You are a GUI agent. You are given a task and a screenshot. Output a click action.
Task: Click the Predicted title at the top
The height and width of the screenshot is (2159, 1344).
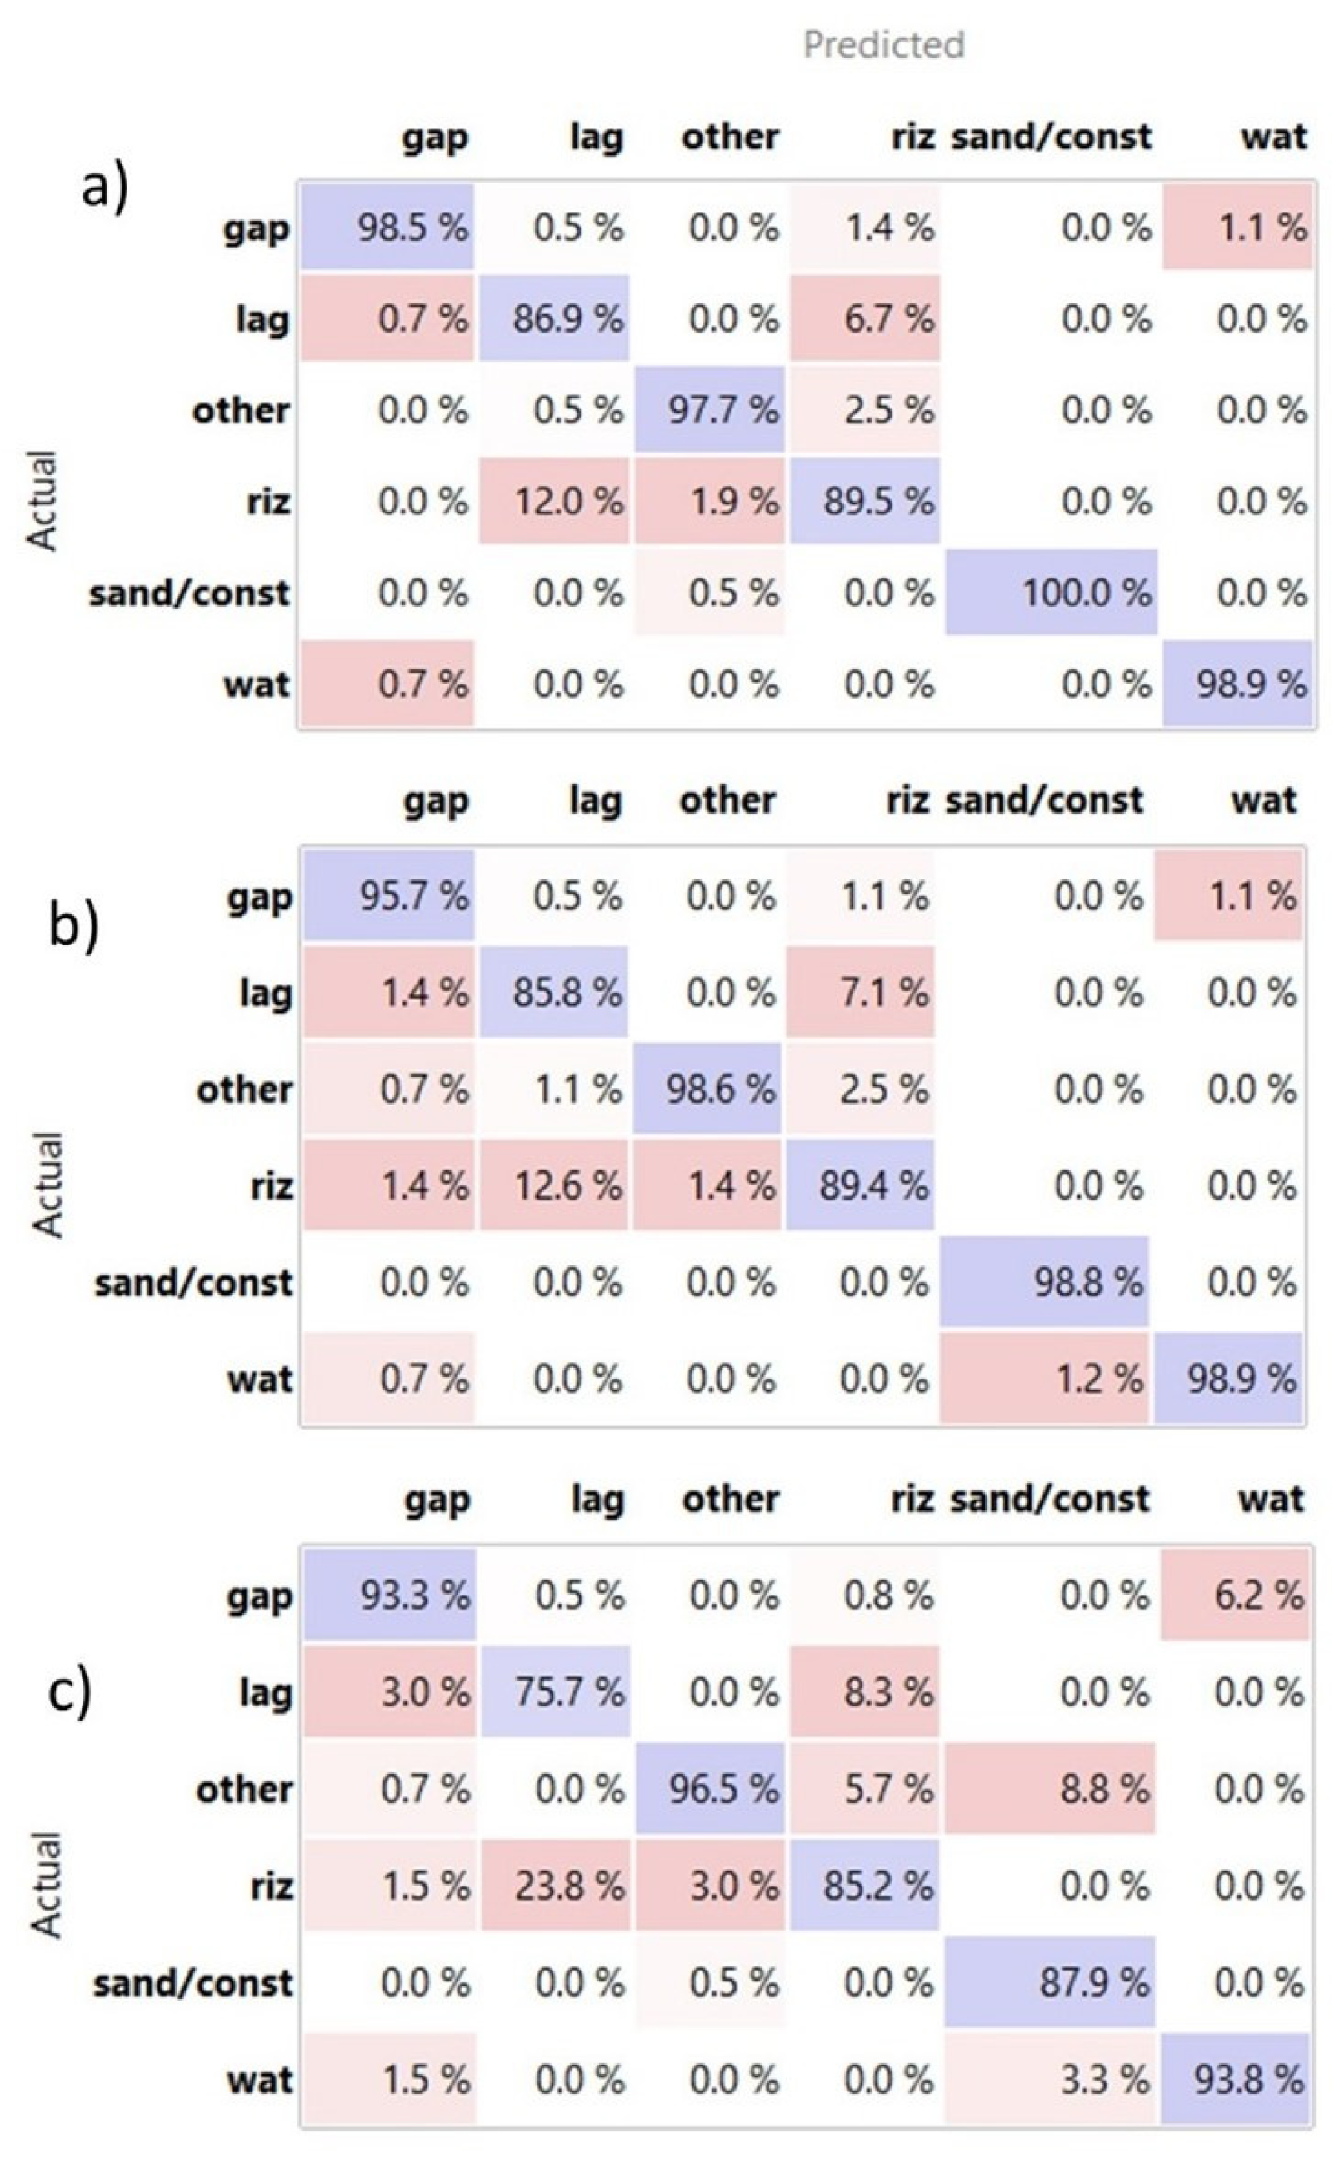(883, 44)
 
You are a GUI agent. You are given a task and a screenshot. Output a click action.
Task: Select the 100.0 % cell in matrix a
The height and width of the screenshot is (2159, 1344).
(1051, 592)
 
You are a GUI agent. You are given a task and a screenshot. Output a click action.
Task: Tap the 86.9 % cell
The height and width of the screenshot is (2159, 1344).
(555, 318)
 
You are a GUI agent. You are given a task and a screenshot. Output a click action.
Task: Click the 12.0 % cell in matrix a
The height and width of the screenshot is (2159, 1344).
(555, 502)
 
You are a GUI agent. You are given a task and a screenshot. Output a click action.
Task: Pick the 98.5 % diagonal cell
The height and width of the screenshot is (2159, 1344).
(387, 228)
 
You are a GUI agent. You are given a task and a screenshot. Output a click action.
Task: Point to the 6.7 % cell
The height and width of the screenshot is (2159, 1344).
(864, 318)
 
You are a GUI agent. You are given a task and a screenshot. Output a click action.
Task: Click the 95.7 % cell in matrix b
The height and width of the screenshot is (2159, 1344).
(388, 896)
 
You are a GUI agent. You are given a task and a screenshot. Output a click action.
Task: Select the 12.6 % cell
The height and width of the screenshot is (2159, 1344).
(554, 1185)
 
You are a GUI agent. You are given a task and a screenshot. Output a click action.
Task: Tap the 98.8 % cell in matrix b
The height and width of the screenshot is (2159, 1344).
(1044, 1282)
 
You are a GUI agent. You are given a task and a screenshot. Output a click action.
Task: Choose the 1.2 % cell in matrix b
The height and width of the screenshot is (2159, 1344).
(1044, 1379)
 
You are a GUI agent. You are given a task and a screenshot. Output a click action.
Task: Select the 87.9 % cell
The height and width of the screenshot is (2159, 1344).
(1050, 1983)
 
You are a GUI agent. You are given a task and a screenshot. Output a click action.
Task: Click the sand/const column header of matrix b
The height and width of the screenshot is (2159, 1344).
(1043, 800)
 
